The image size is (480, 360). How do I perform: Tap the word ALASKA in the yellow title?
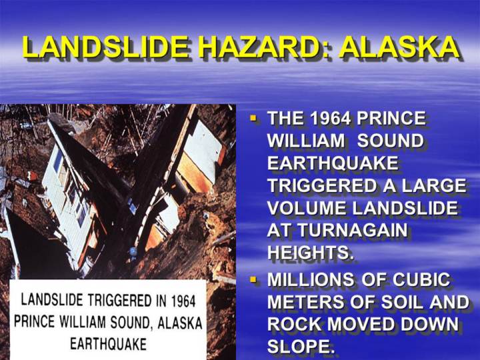coord(399,47)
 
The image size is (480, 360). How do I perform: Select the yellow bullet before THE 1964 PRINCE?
coord(253,117)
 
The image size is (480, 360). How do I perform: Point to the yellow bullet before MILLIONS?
coord(253,279)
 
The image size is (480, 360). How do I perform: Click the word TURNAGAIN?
coord(353,230)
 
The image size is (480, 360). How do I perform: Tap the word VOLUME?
coord(307,208)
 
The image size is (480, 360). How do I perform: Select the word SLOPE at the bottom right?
coord(299,346)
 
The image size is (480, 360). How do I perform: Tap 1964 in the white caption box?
coord(183,301)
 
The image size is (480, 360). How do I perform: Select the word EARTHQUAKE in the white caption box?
coord(109,344)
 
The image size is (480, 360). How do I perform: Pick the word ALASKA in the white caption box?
coord(180,323)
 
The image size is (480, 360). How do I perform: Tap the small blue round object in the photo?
coord(133,252)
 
